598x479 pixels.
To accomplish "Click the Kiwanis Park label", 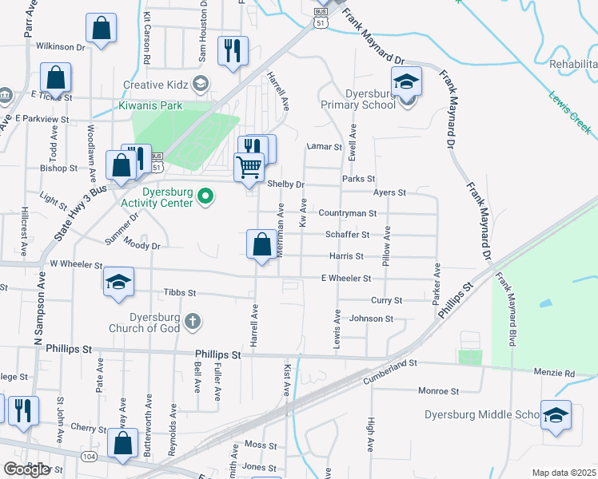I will (x=150, y=105).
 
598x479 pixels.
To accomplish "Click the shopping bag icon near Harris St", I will (x=262, y=244).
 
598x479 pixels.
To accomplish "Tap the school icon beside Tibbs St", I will (x=118, y=282).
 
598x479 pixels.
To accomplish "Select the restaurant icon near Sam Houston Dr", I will (x=233, y=51).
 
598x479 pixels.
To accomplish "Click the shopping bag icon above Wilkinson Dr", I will (x=102, y=30).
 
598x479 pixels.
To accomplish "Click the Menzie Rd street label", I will (x=557, y=373).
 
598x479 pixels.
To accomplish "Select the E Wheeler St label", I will (x=345, y=278).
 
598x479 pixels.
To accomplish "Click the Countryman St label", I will (x=347, y=213).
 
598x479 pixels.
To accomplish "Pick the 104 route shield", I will (x=88, y=455).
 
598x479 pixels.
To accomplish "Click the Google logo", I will (x=27, y=469).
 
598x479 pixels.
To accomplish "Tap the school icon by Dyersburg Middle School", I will (x=556, y=416).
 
